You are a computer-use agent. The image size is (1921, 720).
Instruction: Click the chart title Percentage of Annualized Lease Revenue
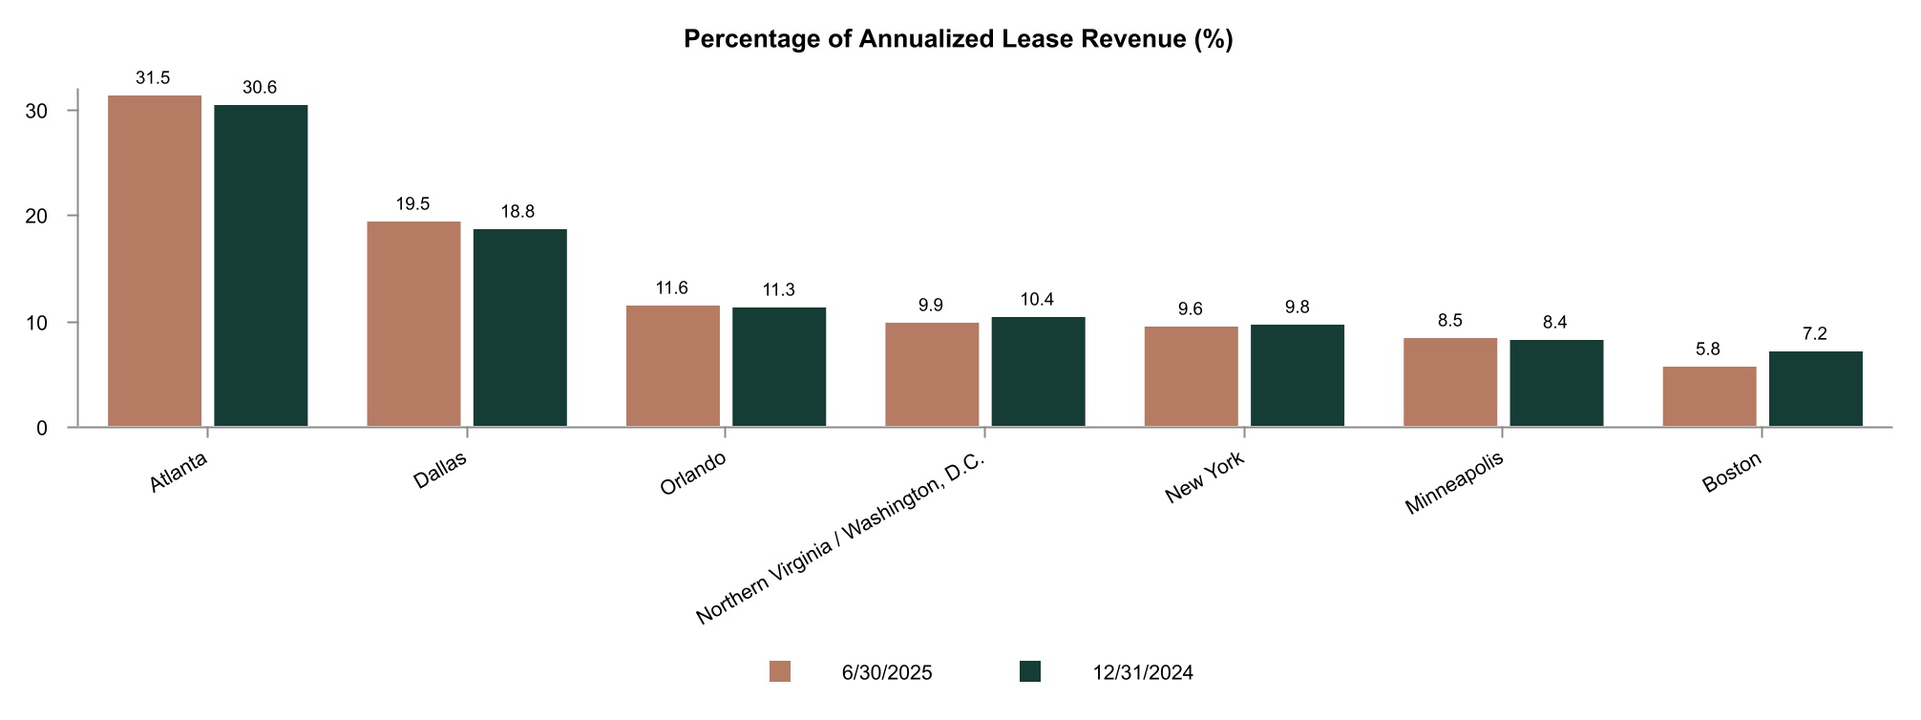[x=959, y=39]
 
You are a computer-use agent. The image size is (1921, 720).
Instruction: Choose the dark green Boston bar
[x=1815, y=389]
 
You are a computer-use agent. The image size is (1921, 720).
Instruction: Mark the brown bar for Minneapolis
[x=1449, y=382]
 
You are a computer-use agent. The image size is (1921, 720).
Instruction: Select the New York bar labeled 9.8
[x=1297, y=375]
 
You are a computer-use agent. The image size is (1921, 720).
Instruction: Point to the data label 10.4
[x=1037, y=300]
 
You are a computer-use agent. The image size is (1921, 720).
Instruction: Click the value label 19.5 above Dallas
[x=412, y=204]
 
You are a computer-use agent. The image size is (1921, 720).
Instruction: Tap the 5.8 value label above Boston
[x=1708, y=349]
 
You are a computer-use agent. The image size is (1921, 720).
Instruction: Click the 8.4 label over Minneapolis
[x=1554, y=323]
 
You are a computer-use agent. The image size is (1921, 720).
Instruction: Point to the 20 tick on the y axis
[x=36, y=217]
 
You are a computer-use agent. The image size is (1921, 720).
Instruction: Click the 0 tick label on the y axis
[x=42, y=429]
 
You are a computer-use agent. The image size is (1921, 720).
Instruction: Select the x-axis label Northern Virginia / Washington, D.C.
[x=840, y=540]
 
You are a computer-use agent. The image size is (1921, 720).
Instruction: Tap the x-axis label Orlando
[x=693, y=474]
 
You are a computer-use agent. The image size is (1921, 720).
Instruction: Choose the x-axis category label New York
[x=1205, y=479]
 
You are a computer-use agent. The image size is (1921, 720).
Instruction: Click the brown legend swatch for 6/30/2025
[x=780, y=672]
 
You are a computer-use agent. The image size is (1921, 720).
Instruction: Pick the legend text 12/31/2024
[x=1143, y=673]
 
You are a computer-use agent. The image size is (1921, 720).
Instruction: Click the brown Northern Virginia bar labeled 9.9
[x=931, y=374]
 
